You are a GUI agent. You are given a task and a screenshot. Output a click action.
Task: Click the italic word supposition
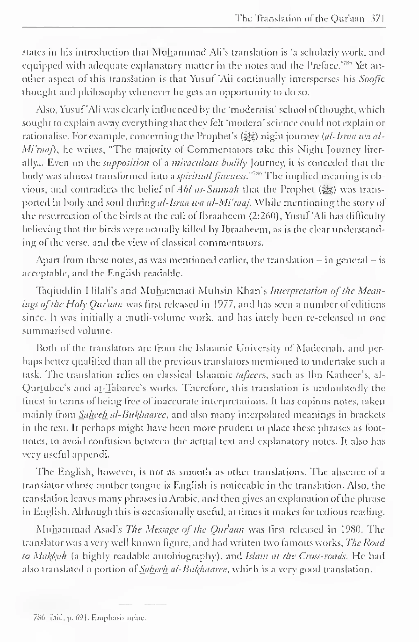coord(126,163)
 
